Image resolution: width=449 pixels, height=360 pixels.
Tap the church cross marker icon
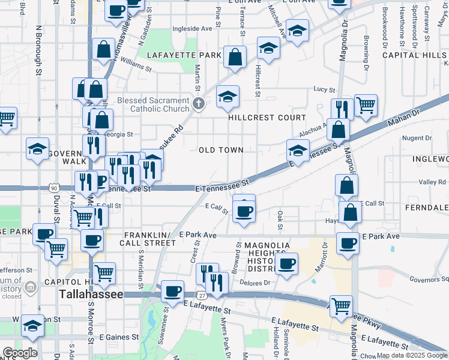pos(198,104)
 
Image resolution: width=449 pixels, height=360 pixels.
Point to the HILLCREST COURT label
pos(267,118)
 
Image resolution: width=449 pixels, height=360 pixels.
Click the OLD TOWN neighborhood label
pos(221,150)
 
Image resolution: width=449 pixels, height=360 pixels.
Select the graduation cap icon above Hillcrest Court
pos(228,97)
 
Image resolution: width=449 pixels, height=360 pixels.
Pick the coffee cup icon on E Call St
pos(244,211)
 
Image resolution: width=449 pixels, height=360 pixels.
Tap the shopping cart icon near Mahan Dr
pos(366,106)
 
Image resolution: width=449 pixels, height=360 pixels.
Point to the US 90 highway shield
pos(55,188)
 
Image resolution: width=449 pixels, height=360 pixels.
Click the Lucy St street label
pos(324,89)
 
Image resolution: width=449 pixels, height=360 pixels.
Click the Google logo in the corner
pos(20,352)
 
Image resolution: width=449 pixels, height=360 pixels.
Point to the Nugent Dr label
pos(413,138)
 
